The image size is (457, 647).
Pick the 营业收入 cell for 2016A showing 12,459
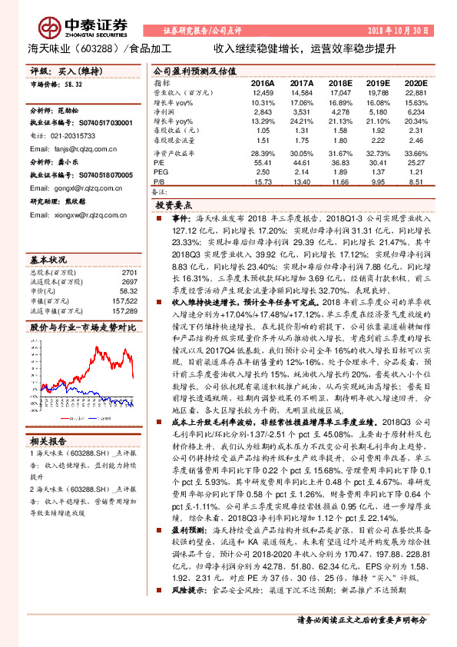pos(263,92)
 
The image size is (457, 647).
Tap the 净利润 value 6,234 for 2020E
pos(416,111)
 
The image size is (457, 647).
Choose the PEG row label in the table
pos(161,172)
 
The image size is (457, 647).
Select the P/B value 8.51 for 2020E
pos(416,182)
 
